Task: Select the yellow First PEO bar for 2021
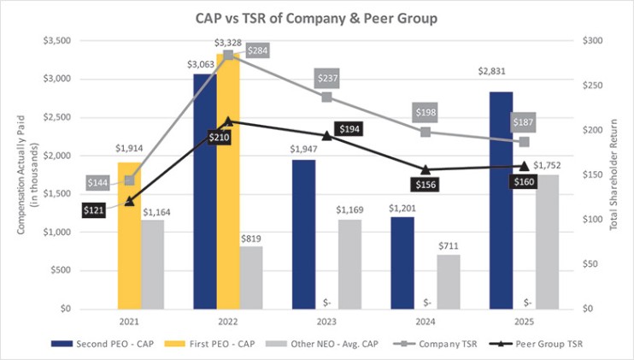pos(129,235)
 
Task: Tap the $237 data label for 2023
pos(326,79)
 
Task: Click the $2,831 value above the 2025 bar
pos(502,83)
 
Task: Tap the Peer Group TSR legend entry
pos(533,344)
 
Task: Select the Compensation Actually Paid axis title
pos(25,175)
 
